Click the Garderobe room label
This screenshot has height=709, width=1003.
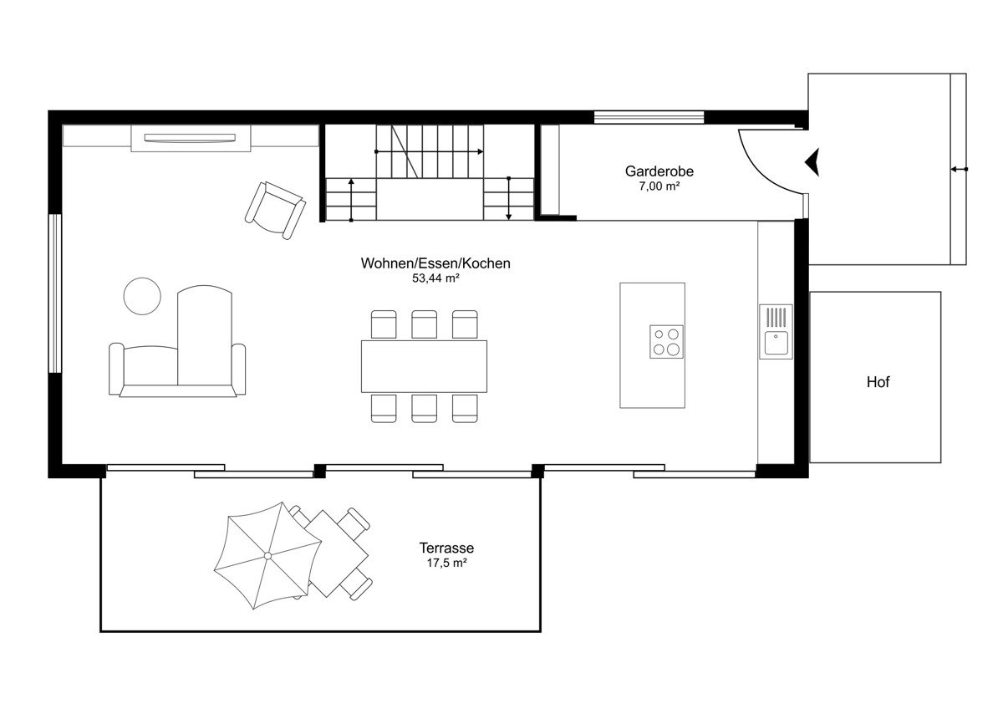click(659, 171)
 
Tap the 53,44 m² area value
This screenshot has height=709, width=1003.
click(435, 278)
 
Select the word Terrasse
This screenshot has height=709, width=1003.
click(446, 548)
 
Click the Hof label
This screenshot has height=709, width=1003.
click(878, 382)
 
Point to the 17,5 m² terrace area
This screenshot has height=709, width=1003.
click(446, 563)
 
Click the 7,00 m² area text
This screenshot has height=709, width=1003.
click(659, 186)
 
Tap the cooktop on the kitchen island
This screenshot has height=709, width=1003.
click(667, 342)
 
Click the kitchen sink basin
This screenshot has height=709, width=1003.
click(776, 343)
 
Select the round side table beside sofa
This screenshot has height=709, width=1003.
click(142, 296)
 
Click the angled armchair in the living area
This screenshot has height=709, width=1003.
click(275, 211)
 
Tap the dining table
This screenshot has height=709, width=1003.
click(424, 366)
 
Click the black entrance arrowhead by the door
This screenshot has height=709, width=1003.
click(812, 161)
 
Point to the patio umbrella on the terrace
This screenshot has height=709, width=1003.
click(267, 556)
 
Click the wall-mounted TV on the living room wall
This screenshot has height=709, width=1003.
click(190, 138)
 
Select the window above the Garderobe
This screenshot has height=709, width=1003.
click(649, 117)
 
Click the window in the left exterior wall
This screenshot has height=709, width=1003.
click(54, 293)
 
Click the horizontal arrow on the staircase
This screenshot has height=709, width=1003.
click(429, 152)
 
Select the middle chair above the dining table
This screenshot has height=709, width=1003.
click(424, 324)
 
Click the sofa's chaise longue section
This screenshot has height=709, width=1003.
click(205, 335)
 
